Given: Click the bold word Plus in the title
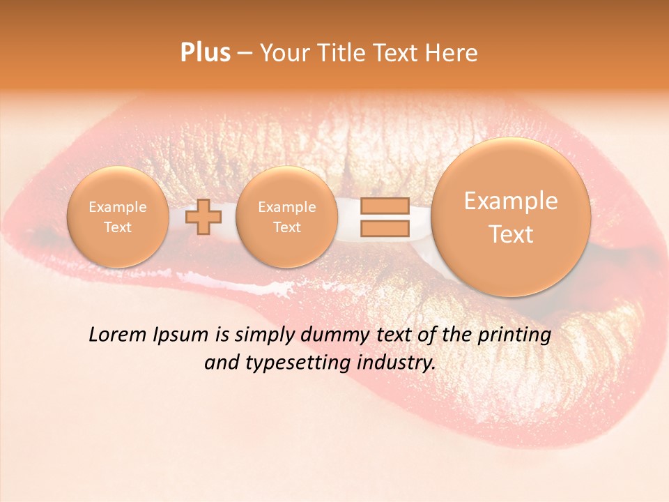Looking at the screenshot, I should tap(206, 53).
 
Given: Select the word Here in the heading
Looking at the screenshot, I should tap(453, 53).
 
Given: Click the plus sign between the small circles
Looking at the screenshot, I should tap(203, 216).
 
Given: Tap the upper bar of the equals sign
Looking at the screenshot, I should tap(384, 206).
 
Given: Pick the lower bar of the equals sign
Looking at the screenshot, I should tap(384, 228).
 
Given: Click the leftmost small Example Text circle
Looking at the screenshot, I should tap(118, 217).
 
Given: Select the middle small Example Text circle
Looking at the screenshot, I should tap(286, 217).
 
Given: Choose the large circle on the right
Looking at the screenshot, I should tap(511, 217).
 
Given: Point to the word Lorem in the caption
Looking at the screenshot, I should tap(116, 335).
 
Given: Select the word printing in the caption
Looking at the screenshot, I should tap(514, 335).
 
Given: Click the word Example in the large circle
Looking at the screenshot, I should tap(511, 201).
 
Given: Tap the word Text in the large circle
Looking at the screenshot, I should tap(511, 234).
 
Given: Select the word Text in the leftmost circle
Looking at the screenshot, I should tap(118, 227).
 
